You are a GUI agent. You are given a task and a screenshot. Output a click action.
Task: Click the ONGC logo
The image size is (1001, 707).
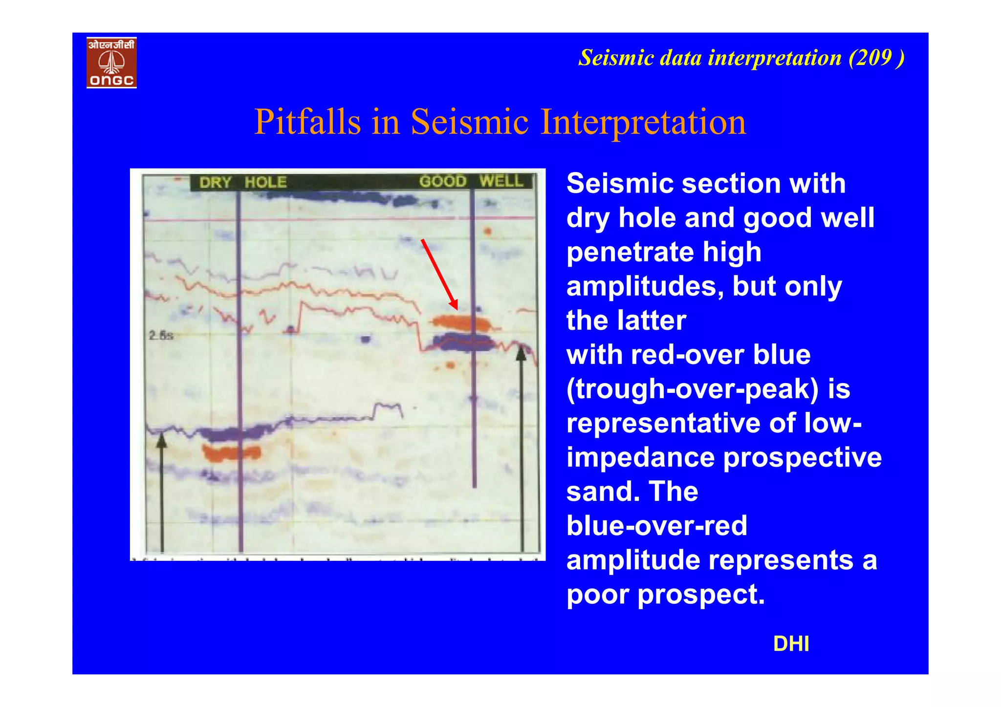click(111, 63)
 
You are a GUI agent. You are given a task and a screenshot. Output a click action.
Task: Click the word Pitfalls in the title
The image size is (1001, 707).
click(307, 122)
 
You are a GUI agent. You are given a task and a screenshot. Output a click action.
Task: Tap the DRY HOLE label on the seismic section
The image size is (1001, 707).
click(242, 182)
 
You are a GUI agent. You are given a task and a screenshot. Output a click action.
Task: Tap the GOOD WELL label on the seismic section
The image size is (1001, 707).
click(471, 181)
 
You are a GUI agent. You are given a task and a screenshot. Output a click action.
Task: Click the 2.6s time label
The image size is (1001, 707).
click(161, 335)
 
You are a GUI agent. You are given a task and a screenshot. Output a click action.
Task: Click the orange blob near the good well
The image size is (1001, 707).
click(460, 322)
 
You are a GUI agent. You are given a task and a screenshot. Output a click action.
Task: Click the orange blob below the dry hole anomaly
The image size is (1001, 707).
click(232, 452)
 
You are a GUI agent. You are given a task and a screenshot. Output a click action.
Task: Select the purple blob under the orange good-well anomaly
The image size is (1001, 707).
click(464, 342)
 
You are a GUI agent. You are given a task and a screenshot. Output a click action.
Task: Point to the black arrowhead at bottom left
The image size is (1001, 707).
click(162, 442)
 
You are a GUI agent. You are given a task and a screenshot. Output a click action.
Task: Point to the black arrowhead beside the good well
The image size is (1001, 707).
click(522, 353)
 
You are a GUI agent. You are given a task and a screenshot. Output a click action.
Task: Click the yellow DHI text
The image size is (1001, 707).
click(791, 644)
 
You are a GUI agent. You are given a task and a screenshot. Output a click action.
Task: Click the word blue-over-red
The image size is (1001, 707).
click(656, 526)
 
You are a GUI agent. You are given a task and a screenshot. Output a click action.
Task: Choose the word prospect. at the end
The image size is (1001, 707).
click(701, 595)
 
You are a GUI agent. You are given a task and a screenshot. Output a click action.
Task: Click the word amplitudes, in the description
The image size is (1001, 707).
click(645, 286)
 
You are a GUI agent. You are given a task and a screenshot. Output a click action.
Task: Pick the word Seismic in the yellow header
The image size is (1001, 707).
click(616, 58)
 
